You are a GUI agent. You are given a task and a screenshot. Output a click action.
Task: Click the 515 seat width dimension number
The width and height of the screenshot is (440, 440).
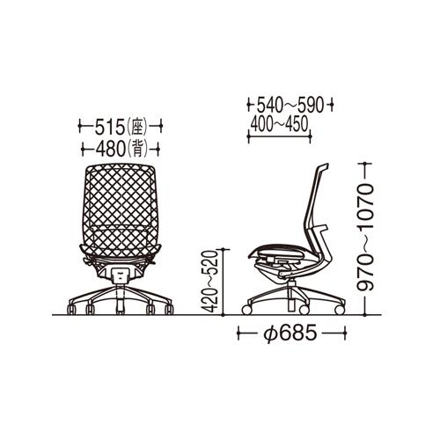coord(109,128)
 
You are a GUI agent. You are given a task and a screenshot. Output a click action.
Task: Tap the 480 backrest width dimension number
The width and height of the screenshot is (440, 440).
coord(111,149)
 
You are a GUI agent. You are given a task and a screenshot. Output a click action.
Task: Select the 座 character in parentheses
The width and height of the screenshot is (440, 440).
coord(137,128)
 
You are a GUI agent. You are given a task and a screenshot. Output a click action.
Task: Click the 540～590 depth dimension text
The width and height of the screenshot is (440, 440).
coord(290,105)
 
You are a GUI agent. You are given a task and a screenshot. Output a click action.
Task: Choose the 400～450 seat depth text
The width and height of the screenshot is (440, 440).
coord(279,124)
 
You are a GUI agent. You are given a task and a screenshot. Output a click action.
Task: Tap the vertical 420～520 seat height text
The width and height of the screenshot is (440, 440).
coord(210,282)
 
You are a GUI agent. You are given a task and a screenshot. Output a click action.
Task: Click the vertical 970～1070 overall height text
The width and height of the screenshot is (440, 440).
coord(365,238)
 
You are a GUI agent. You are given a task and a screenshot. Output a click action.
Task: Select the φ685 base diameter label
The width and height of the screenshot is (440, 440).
coord(290,334)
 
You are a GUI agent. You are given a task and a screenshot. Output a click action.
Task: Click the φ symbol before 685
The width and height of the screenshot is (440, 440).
coord(269,334)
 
